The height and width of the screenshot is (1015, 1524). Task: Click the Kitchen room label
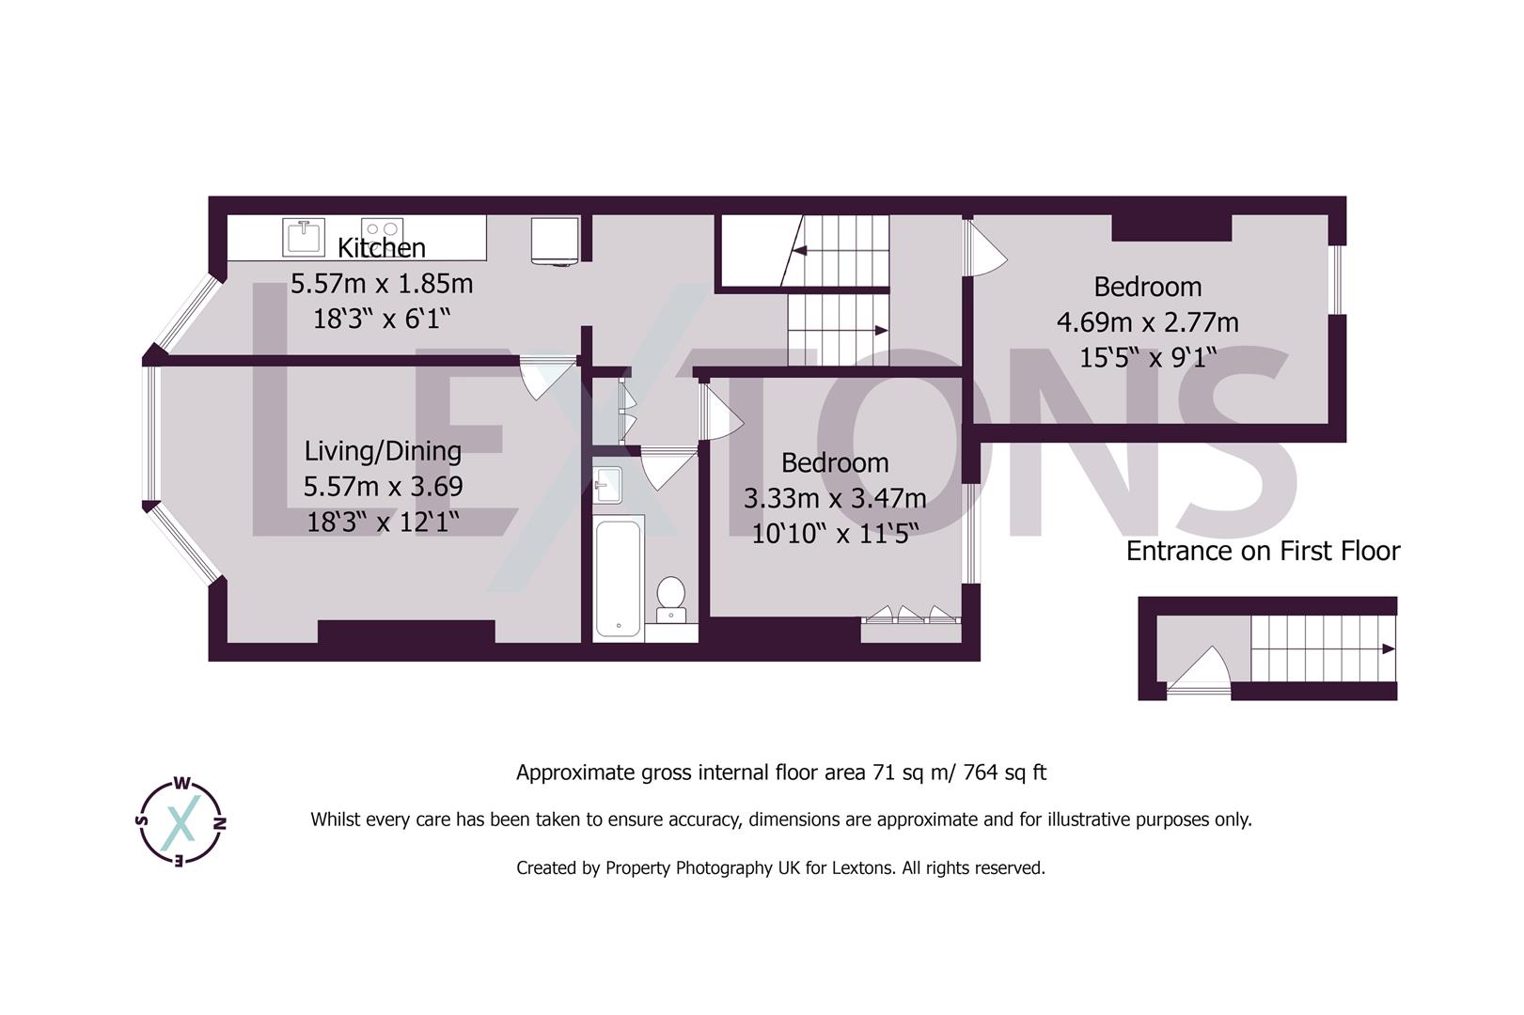[x=381, y=248]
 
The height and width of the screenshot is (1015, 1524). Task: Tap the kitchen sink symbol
[x=303, y=236]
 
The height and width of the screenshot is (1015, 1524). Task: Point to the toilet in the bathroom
[x=670, y=598]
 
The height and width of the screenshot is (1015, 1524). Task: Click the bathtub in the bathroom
[x=618, y=578]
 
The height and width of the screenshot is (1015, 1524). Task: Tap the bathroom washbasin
[x=607, y=483]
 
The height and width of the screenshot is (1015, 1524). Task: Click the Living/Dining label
[x=383, y=451]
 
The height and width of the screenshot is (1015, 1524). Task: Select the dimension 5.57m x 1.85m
[x=381, y=284]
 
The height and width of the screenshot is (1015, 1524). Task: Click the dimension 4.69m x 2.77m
[x=1147, y=322]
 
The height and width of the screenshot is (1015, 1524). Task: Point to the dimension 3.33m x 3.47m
[x=834, y=498]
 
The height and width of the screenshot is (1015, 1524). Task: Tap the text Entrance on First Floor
[x=1263, y=552]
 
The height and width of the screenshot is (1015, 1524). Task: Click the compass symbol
[x=181, y=822]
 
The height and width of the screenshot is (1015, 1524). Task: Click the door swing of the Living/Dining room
[x=545, y=376]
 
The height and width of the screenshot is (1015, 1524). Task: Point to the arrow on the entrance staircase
[x=1388, y=648]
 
